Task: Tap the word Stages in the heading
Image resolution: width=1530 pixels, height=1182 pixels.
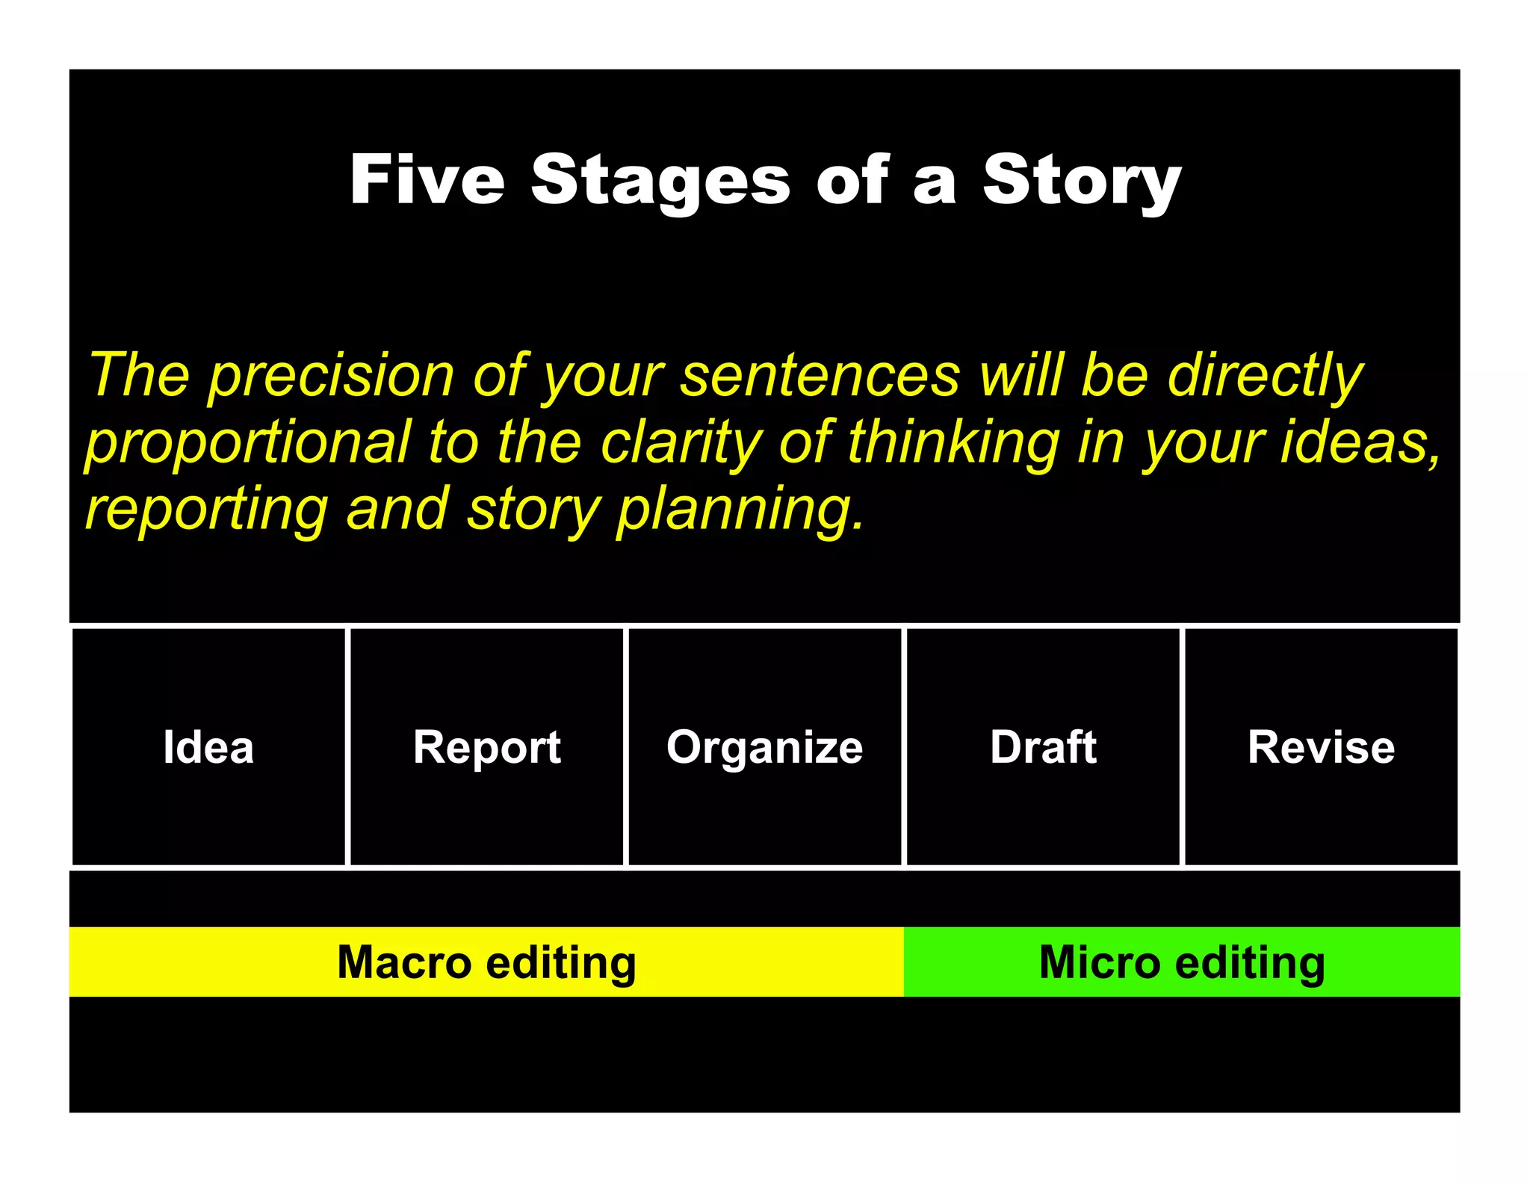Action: click(x=660, y=181)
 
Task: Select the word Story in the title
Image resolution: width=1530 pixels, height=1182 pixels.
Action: click(x=1081, y=181)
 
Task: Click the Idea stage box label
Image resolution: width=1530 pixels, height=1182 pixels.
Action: click(x=208, y=746)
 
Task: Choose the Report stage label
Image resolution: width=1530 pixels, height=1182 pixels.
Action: click(x=486, y=747)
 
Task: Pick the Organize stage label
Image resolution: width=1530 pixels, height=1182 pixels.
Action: click(x=764, y=747)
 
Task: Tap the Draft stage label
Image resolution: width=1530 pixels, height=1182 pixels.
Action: click(x=1043, y=746)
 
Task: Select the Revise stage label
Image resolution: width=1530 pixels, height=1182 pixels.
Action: click(x=1321, y=746)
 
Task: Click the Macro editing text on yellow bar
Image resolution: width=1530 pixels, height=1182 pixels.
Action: click(x=486, y=962)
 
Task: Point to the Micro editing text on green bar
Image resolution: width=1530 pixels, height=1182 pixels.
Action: click(x=1182, y=962)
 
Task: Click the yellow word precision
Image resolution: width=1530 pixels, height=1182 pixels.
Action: click(x=330, y=376)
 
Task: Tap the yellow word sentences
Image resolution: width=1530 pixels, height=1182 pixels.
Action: click(x=820, y=376)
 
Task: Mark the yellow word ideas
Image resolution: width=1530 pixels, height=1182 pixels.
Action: click(x=1360, y=442)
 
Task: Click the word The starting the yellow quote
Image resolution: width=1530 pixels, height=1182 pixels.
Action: click(x=139, y=376)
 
